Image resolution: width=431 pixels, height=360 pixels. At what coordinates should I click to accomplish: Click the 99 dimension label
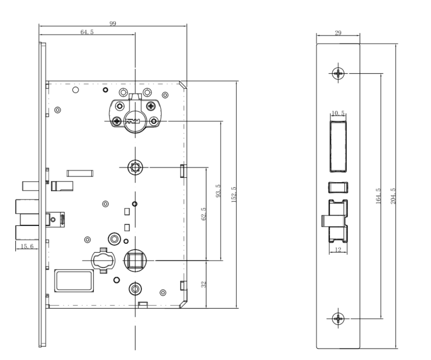[112, 24]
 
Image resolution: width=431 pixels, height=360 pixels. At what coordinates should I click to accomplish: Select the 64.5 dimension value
[87, 32]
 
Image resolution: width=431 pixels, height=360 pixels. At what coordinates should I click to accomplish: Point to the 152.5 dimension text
[233, 195]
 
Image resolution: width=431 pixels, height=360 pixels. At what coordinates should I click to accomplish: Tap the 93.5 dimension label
[218, 191]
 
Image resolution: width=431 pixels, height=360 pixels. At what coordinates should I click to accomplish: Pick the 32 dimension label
[204, 284]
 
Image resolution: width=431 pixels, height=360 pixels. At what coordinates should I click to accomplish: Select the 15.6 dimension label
[28, 246]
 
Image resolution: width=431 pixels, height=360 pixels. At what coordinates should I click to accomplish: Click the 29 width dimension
[338, 33]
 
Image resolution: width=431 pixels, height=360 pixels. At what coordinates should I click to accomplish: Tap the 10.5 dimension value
[338, 114]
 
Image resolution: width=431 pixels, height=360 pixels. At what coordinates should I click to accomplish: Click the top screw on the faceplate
[338, 73]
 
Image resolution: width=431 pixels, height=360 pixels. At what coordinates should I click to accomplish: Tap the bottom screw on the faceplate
[338, 318]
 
